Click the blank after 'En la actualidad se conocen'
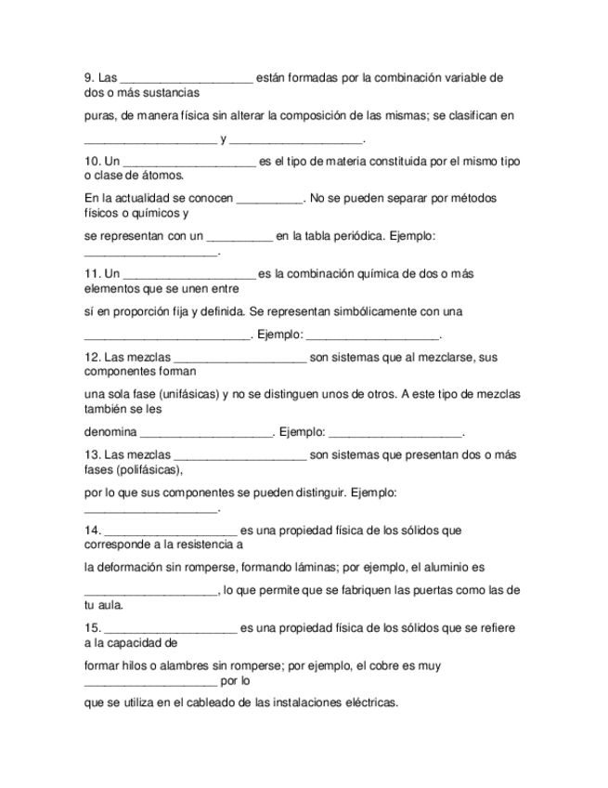(270, 199)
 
